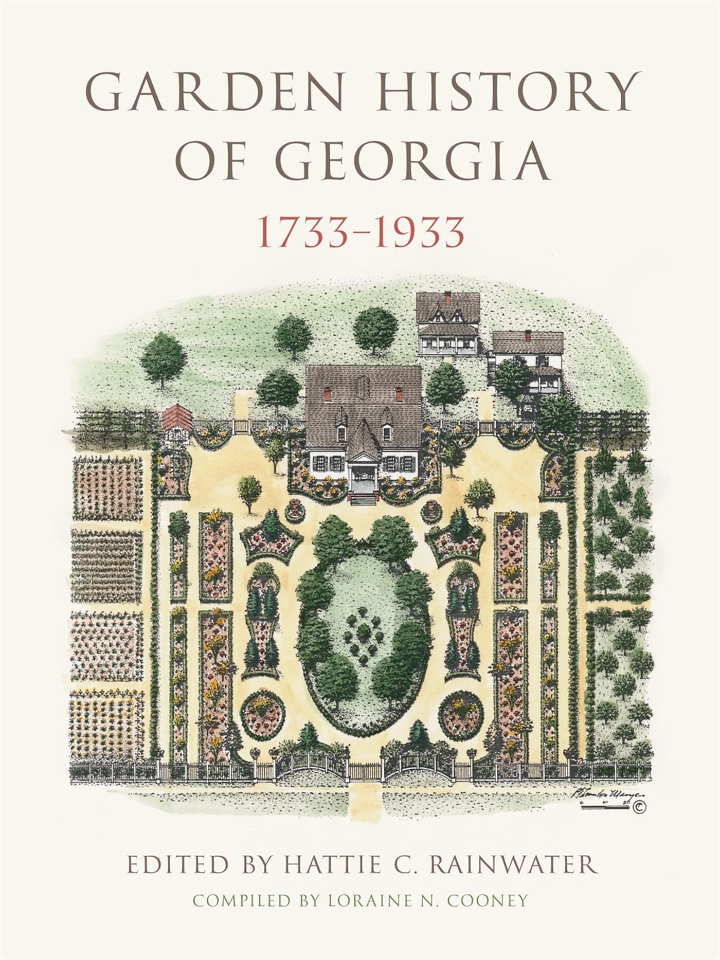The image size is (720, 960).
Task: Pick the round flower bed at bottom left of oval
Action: point(263,716)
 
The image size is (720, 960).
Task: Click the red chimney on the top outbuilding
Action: point(448,298)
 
